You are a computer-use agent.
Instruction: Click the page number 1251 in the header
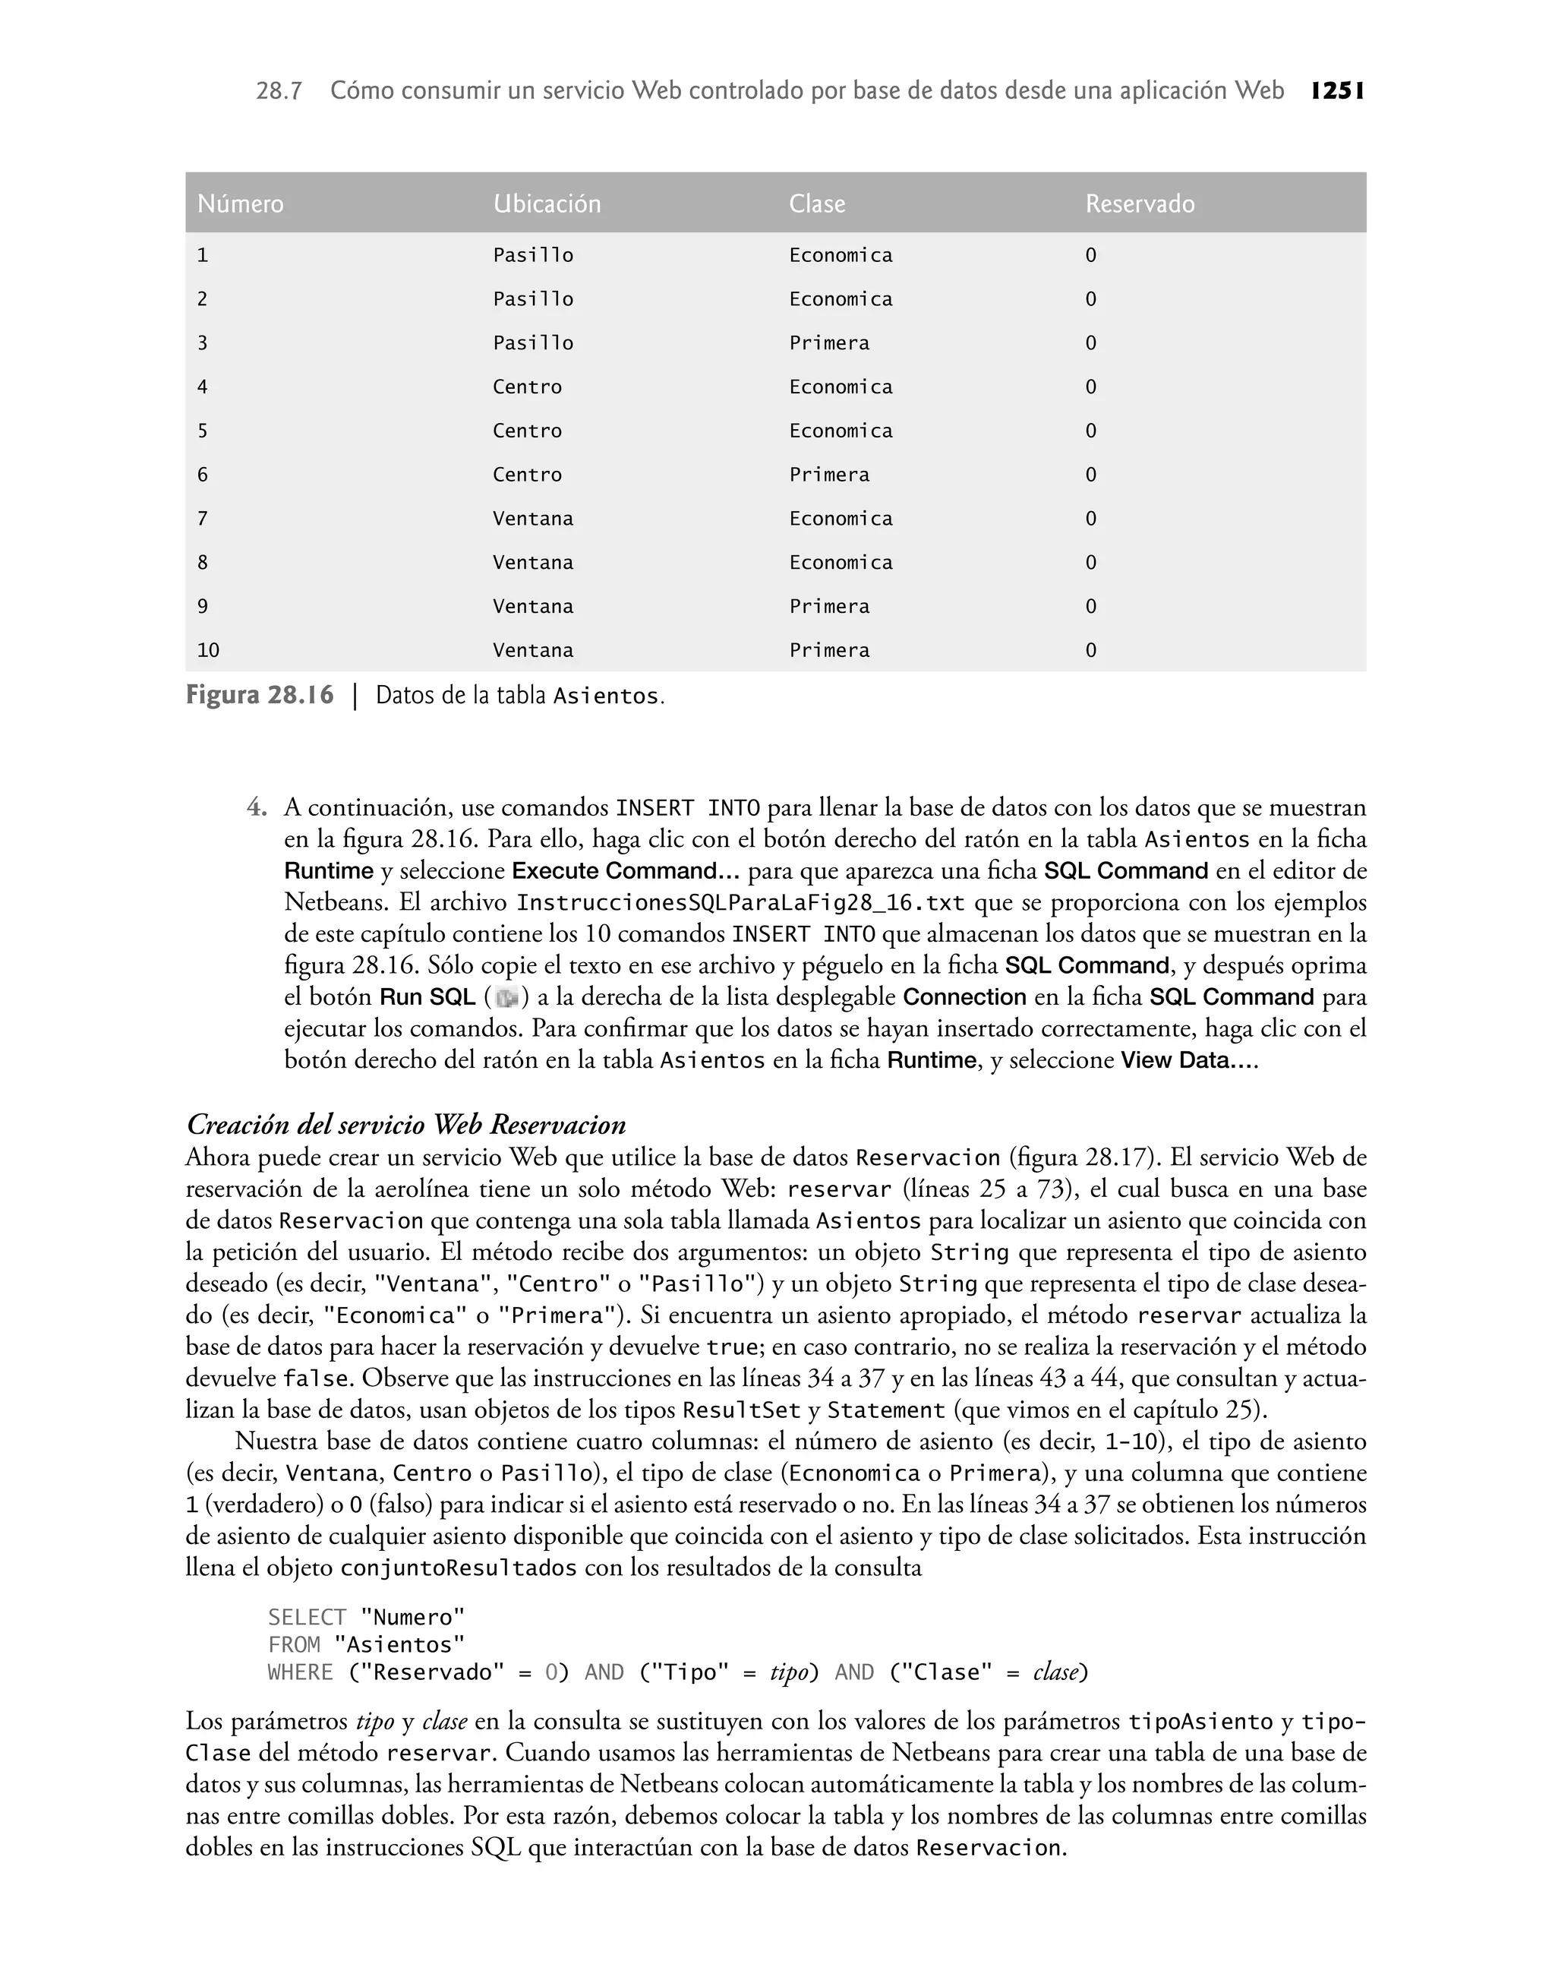(1337, 91)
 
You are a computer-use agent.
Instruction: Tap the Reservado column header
(1139, 203)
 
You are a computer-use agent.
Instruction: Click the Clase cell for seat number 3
(828, 343)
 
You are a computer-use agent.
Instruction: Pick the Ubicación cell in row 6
(527, 475)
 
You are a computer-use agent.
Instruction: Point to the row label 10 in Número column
(209, 651)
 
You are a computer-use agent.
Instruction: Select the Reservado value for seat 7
(1090, 519)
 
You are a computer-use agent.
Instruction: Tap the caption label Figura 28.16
(260, 696)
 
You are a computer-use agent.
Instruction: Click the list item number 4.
(257, 807)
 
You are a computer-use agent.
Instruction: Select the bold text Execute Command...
(626, 871)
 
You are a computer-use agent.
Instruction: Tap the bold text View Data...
(1188, 1061)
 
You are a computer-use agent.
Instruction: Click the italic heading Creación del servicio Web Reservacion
(406, 1125)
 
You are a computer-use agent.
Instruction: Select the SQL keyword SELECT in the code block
(307, 1618)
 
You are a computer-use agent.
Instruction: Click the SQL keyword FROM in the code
(294, 1645)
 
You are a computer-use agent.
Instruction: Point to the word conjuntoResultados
(458, 1568)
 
